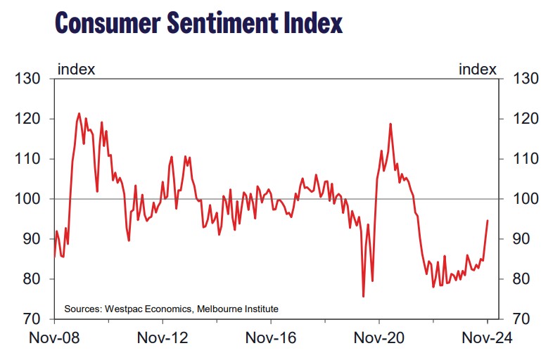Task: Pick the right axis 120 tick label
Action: click(x=527, y=119)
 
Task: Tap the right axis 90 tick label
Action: click(x=523, y=239)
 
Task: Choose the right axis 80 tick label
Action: click(x=523, y=279)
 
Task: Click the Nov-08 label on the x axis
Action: click(x=53, y=338)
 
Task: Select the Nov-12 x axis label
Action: click(x=162, y=338)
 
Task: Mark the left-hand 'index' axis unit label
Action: click(x=76, y=69)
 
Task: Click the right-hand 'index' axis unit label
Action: click(x=478, y=69)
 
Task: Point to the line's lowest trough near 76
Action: click(x=363, y=296)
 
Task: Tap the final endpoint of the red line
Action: click(x=488, y=221)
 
